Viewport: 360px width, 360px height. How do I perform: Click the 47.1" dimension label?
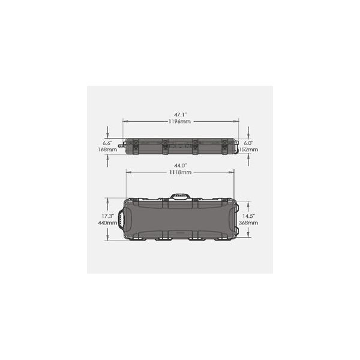point(180,115)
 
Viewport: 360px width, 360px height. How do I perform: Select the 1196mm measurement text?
point(179,121)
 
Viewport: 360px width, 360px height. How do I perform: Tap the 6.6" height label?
point(107,143)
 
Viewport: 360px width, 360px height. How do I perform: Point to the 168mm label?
point(107,149)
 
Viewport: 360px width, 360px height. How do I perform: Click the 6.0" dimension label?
point(248,143)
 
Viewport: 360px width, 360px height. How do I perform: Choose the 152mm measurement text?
point(248,149)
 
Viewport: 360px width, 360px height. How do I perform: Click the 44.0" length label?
point(180,166)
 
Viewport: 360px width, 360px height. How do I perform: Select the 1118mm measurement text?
point(180,172)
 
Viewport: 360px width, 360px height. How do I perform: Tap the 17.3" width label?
point(108,216)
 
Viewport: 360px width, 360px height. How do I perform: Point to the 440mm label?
point(107,223)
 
